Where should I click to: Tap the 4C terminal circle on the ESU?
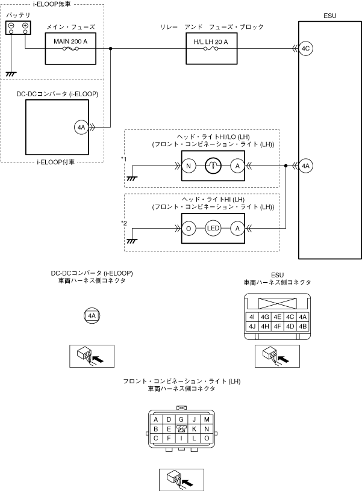coord(305,49)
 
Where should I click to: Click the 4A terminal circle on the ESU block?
coord(305,165)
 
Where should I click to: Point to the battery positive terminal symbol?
coord(25,26)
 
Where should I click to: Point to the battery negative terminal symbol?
coord(11,26)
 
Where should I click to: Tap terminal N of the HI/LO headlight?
coord(189,165)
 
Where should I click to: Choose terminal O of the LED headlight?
coord(189,229)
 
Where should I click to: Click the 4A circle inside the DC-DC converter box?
coord(82,127)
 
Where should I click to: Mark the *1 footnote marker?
coord(123,158)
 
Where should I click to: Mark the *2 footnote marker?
coord(123,223)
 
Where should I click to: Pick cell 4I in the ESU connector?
coord(252,317)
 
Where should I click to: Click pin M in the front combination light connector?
coord(207,419)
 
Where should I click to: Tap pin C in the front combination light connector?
coord(156,438)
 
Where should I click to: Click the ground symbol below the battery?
coord(10,73)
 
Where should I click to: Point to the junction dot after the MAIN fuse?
coord(111,49)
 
